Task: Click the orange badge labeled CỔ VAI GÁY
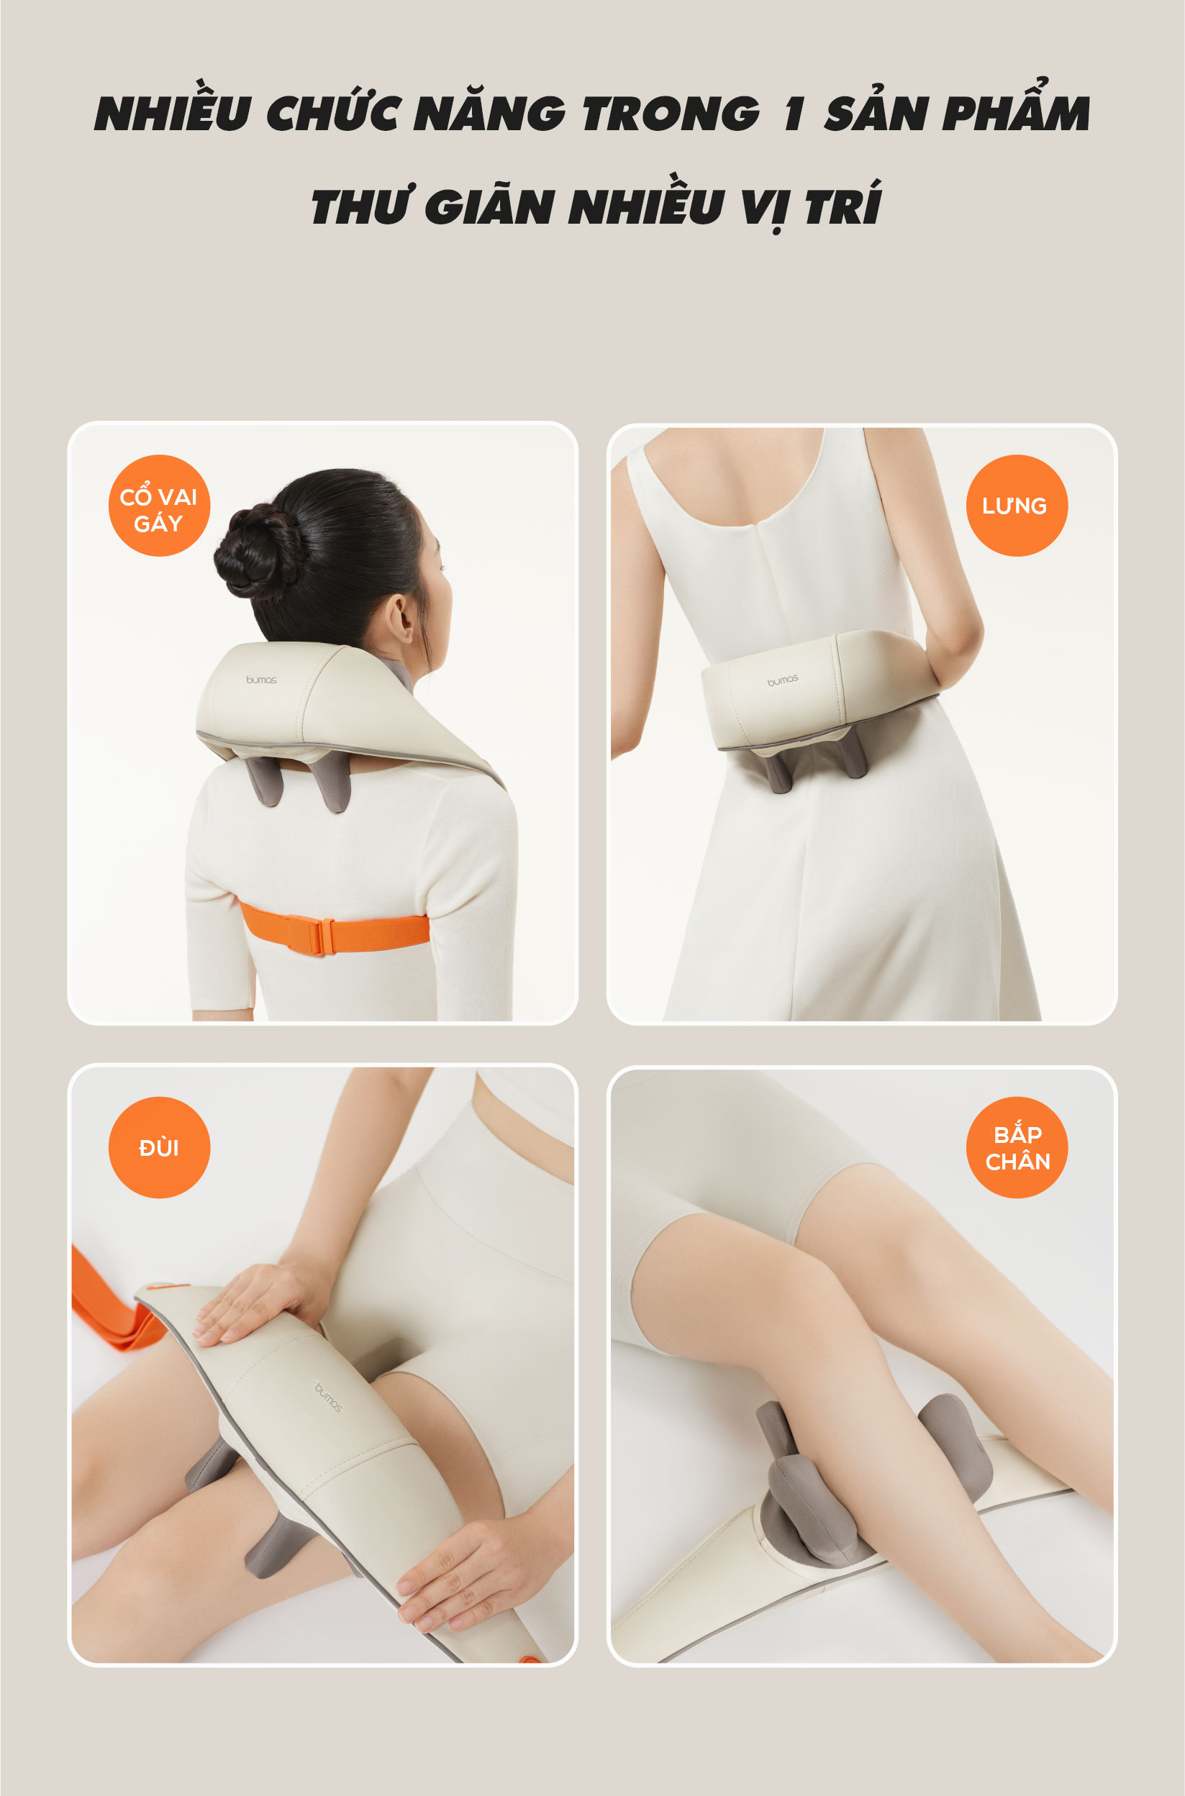click(x=160, y=506)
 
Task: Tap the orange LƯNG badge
click(x=1017, y=506)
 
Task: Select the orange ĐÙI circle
click(x=160, y=1147)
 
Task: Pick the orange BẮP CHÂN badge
click(x=1017, y=1147)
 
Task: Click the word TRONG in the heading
click(x=671, y=114)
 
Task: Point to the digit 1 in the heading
click(x=793, y=114)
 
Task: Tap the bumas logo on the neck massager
click(x=260, y=680)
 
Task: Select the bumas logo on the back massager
click(x=783, y=680)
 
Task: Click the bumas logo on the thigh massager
click(x=329, y=1398)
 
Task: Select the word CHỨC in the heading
click(x=332, y=111)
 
